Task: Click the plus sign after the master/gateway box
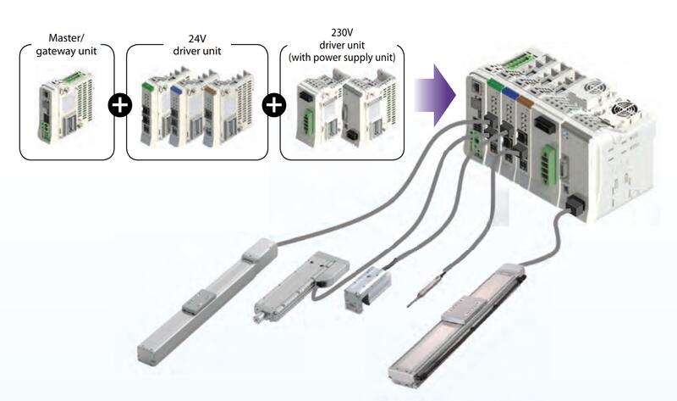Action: click(120, 106)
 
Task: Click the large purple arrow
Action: click(439, 89)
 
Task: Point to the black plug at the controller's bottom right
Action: click(575, 204)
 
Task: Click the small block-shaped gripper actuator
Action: click(365, 288)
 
